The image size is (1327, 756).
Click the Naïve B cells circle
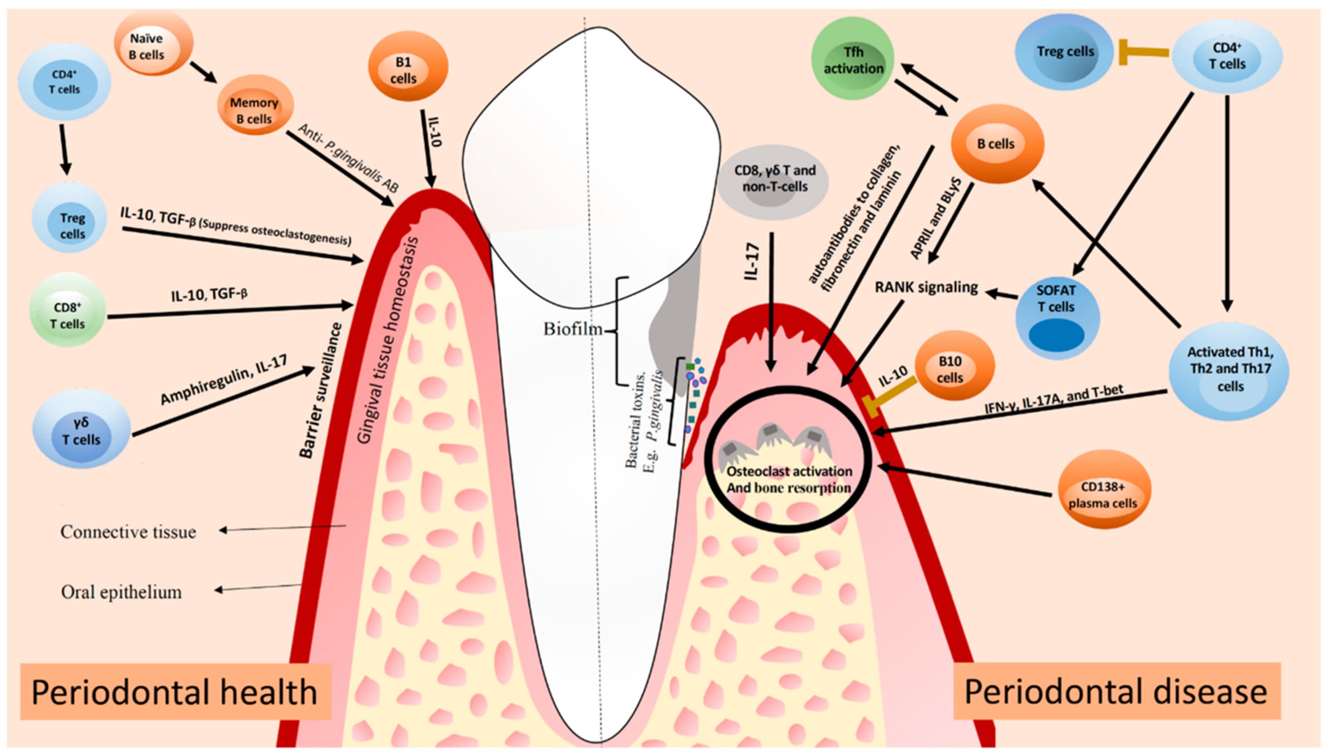pyautogui.click(x=147, y=46)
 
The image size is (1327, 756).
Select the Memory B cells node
pyautogui.click(x=254, y=111)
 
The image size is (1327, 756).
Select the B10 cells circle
pyautogui.click(x=950, y=369)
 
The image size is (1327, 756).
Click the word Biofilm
pyautogui.click(x=573, y=329)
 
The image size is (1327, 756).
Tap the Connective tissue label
pyautogui.click(x=128, y=532)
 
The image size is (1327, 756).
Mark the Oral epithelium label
pyautogui.click(x=122, y=592)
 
